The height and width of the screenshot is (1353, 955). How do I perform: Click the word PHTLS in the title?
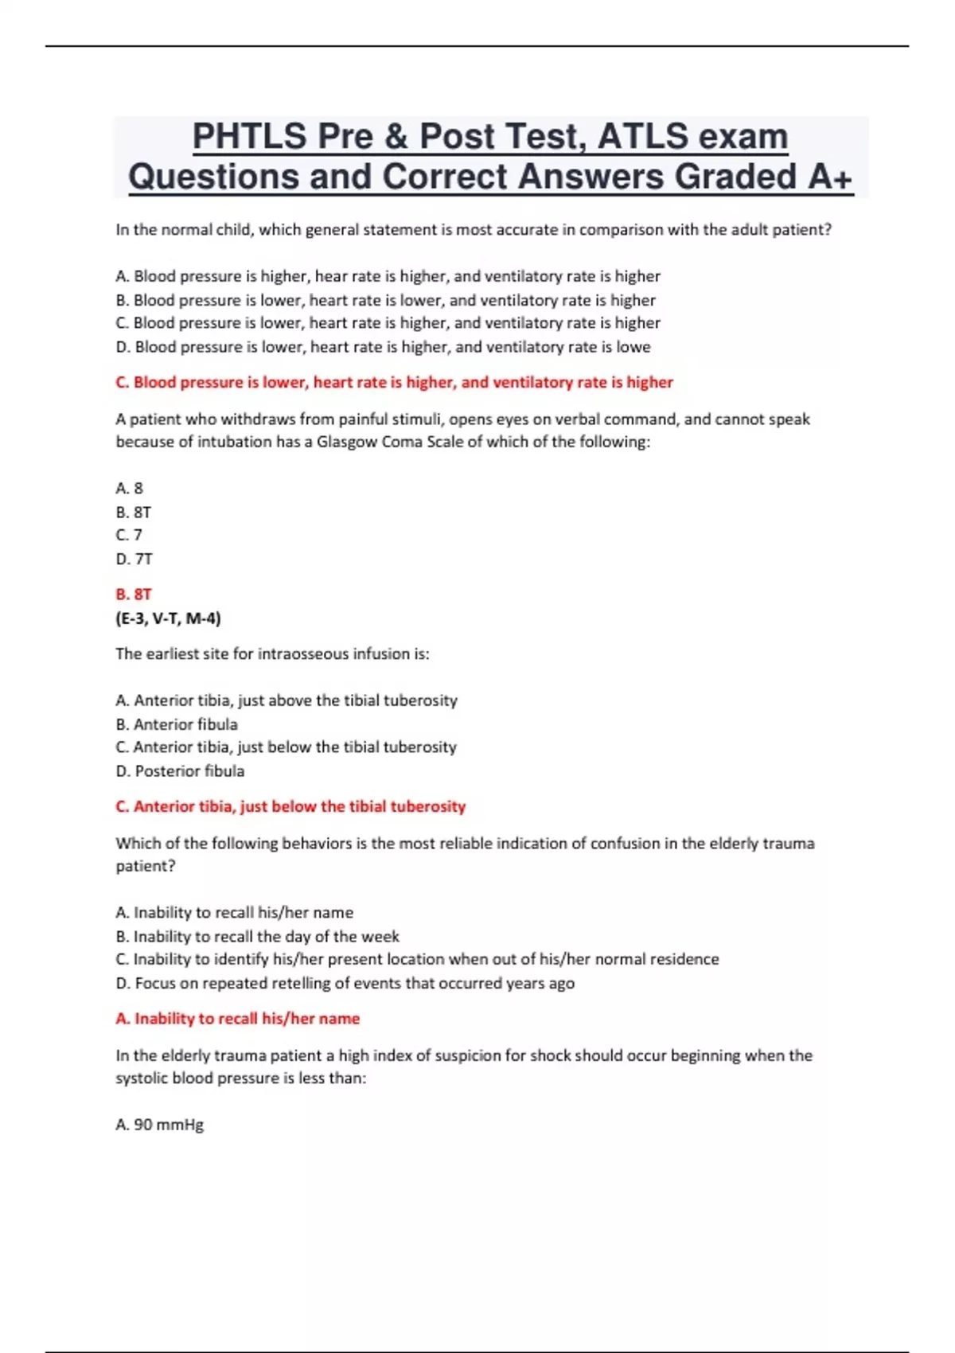point(250,137)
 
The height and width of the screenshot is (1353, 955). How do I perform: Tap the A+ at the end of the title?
point(830,177)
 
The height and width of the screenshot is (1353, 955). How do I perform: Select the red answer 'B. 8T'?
point(134,594)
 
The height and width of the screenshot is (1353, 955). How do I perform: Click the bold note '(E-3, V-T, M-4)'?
point(168,618)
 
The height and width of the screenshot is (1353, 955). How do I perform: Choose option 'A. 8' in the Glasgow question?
point(130,488)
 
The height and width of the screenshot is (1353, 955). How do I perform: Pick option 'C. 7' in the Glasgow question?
point(129,535)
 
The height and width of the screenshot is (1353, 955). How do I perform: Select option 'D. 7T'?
point(134,559)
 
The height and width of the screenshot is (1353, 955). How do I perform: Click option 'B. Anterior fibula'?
point(177,724)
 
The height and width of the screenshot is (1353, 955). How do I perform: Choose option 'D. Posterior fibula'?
point(180,770)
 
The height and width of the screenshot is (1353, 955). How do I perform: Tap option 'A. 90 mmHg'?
point(160,1125)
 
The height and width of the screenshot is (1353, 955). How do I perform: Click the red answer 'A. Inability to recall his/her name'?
point(237,1018)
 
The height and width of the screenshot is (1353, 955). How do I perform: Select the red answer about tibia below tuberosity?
point(290,806)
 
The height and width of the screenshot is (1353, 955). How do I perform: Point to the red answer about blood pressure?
point(394,382)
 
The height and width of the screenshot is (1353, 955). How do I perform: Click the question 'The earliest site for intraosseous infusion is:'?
point(272,653)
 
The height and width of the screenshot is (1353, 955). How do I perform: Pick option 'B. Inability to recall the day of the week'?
point(257,936)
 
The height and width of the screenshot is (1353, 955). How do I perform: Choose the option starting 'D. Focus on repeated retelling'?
point(345,983)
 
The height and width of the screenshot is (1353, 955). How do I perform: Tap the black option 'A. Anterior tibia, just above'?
point(286,700)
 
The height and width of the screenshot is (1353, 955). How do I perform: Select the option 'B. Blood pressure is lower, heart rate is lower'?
point(385,300)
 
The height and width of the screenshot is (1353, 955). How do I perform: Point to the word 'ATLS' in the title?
point(642,137)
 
